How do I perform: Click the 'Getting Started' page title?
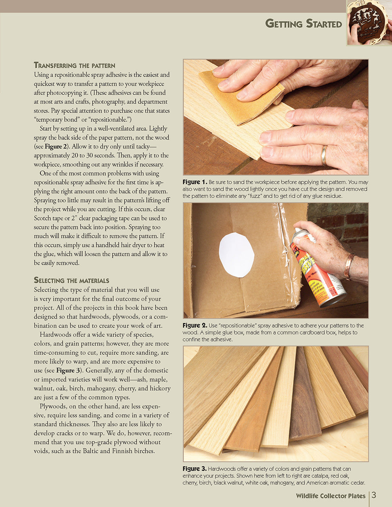pos(303,24)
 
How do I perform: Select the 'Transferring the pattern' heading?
pos(74,65)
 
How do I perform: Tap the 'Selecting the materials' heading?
pos(71,280)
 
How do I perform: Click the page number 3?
pos(374,495)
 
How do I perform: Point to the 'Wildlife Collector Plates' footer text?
pos(330,496)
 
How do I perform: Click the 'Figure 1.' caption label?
pos(194,182)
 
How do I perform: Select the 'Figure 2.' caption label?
pos(194,326)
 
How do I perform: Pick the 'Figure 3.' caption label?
pos(194,469)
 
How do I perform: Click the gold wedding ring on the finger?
pos(324,156)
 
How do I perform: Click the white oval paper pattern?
pos(236,255)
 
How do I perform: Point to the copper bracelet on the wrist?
pos(348,266)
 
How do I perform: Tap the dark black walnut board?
pos(304,396)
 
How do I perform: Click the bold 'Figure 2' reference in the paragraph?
pos(53,147)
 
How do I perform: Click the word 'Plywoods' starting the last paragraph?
pos(52,406)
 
